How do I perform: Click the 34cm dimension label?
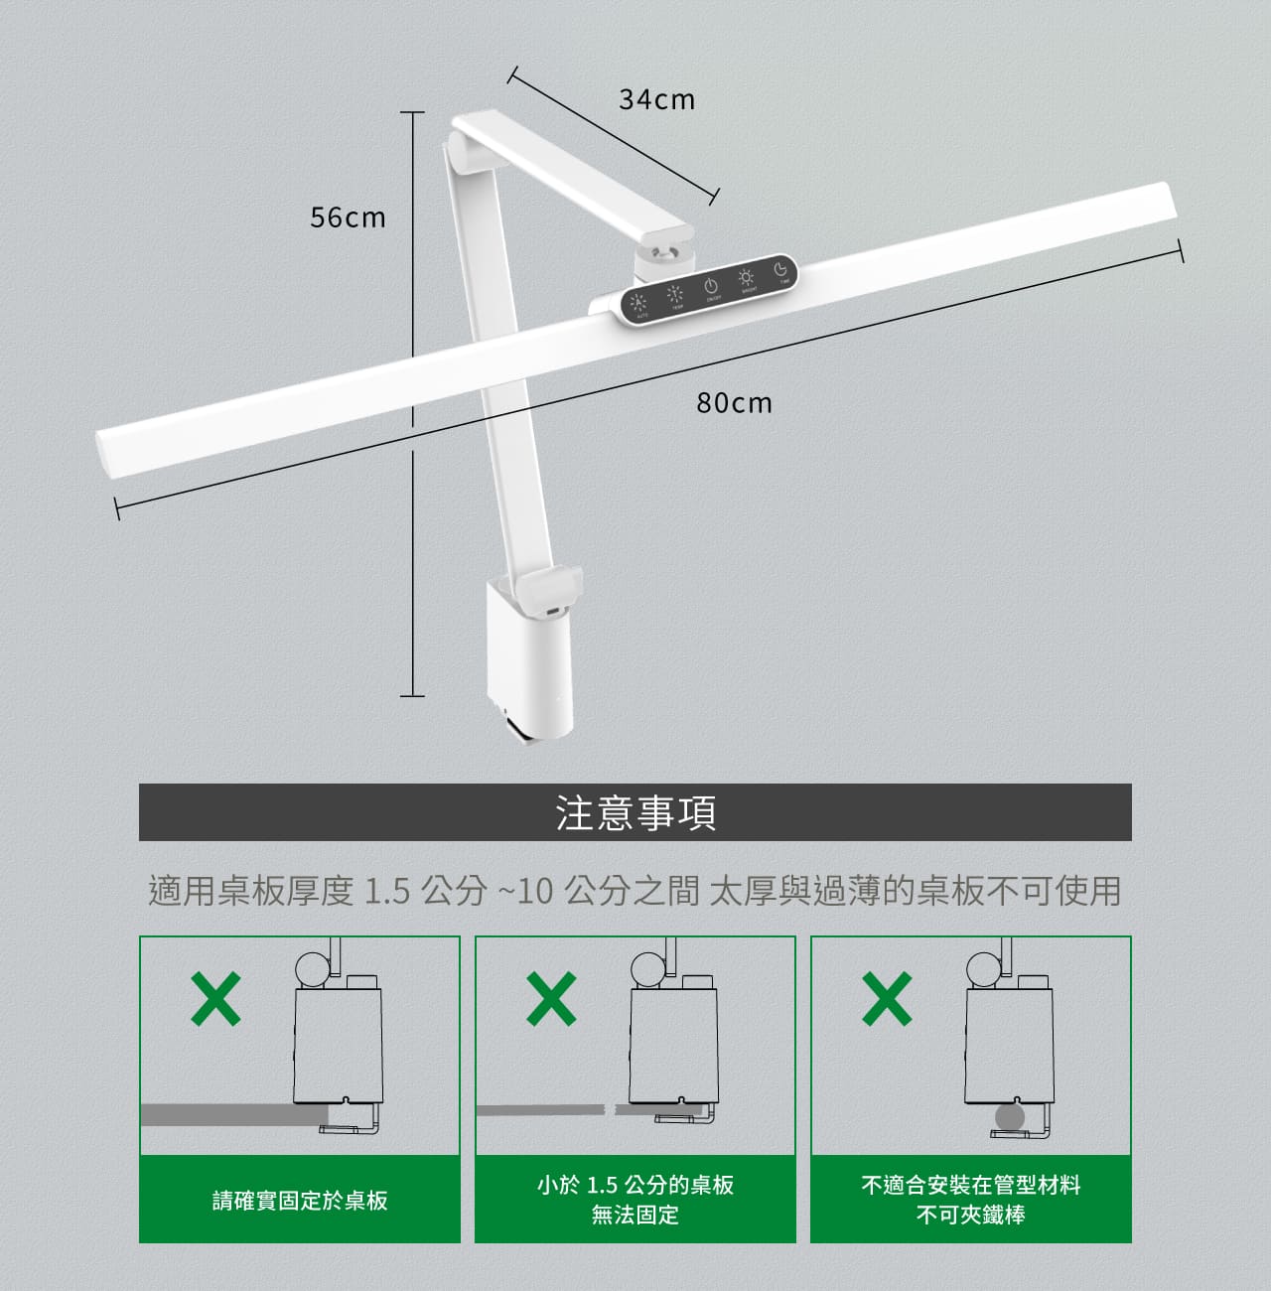coord(656,99)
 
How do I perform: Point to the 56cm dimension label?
coord(348,217)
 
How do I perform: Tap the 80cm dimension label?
coord(734,403)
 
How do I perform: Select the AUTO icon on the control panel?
coord(639,301)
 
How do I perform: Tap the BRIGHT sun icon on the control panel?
coord(746,277)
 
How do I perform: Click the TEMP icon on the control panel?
coord(675,294)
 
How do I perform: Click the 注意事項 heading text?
coord(635,812)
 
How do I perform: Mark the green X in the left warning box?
coord(215,998)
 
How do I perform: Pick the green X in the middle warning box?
coord(551,998)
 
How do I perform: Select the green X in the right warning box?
coord(887,998)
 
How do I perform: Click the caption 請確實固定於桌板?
coord(300,1201)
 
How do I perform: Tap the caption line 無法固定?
coord(635,1215)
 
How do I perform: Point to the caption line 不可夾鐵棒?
coord(970,1215)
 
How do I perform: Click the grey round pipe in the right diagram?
coord(1009,1117)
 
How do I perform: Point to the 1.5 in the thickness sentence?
coord(386,891)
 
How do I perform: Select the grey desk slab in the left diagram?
coord(218,1114)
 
